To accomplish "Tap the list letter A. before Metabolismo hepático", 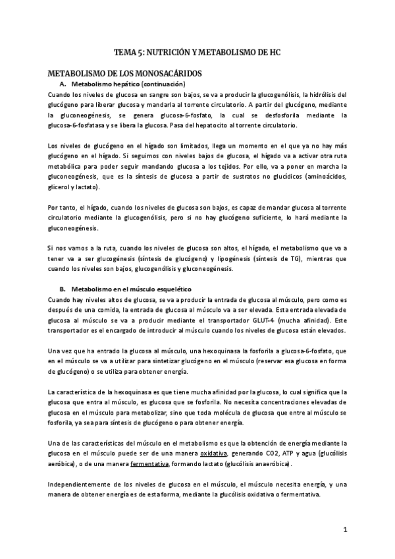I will click(63, 84).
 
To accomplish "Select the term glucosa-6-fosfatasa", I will click(77, 125).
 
